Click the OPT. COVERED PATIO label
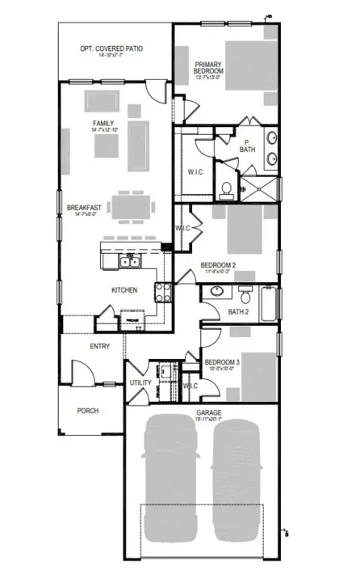[112, 49]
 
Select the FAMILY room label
[103, 123]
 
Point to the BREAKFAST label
[84, 208]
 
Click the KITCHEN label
[123, 290]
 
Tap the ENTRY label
[99, 347]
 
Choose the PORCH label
[88, 411]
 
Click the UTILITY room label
[141, 383]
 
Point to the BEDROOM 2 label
[218, 265]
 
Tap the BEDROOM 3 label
[223, 362]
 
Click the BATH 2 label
[238, 312]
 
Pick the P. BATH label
[248, 145]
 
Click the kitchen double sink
[128, 262]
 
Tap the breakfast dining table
[133, 206]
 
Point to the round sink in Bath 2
[218, 291]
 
